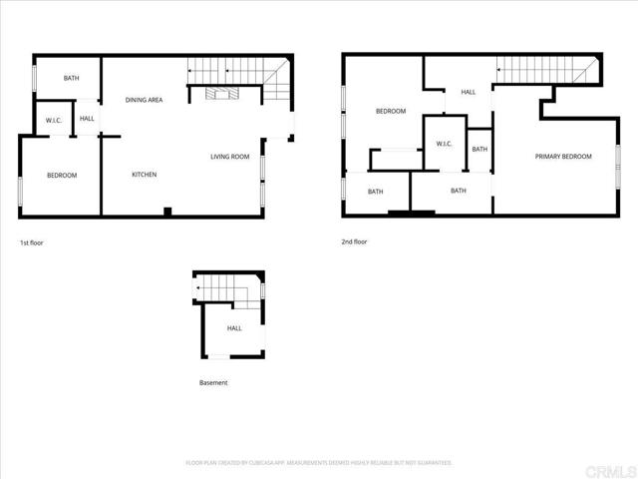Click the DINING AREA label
[x=145, y=100]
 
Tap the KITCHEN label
[x=145, y=175]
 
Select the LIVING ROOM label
[x=229, y=157]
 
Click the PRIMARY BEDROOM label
[x=563, y=157]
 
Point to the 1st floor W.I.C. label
[x=54, y=121]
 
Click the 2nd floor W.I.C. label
[x=444, y=144]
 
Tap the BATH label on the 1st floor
[x=72, y=78]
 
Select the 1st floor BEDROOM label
[x=62, y=176]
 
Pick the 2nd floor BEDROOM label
[x=391, y=111]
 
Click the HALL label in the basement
[x=234, y=328]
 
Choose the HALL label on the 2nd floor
[x=468, y=93]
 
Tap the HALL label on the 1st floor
[x=88, y=120]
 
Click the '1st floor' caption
[x=32, y=242]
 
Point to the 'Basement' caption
[x=213, y=383]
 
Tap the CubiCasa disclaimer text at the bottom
[x=319, y=463]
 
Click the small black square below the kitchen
[x=167, y=211]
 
